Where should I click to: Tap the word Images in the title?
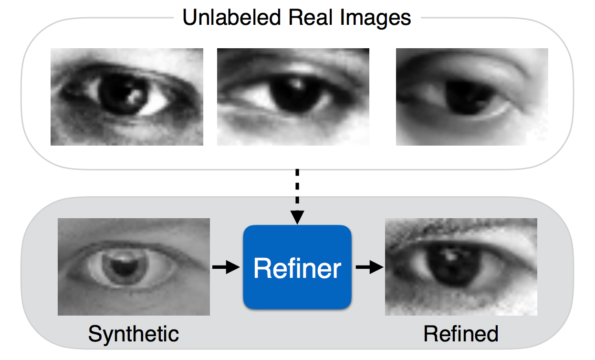coord(369,18)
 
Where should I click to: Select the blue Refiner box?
coord(297,267)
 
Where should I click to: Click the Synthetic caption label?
coord(134,334)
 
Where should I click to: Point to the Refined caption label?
coord(461,334)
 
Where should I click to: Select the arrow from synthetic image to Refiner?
coord(226,267)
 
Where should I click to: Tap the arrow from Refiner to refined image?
coord(369,267)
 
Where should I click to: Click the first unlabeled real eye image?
coord(127,97)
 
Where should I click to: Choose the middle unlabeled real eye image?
coord(293,97)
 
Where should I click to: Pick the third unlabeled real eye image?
coord(472,97)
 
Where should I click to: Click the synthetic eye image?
coord(134,267)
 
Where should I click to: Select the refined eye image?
coord(461,267)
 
